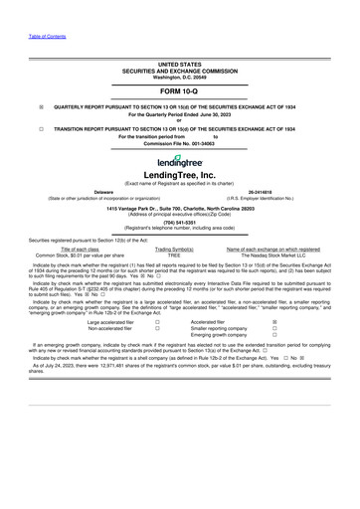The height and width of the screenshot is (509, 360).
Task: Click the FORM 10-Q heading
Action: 180,90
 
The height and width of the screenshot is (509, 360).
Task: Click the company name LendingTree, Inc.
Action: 180,175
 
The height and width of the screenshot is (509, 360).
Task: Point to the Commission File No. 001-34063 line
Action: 180,143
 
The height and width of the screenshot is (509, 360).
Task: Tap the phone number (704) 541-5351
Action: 180,222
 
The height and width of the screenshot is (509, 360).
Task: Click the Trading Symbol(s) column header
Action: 174,248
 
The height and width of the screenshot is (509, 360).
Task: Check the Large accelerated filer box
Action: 157,323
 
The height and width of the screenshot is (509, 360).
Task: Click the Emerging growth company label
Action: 221,337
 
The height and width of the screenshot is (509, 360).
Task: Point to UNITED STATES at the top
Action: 180,63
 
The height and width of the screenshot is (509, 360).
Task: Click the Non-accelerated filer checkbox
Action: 157,330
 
